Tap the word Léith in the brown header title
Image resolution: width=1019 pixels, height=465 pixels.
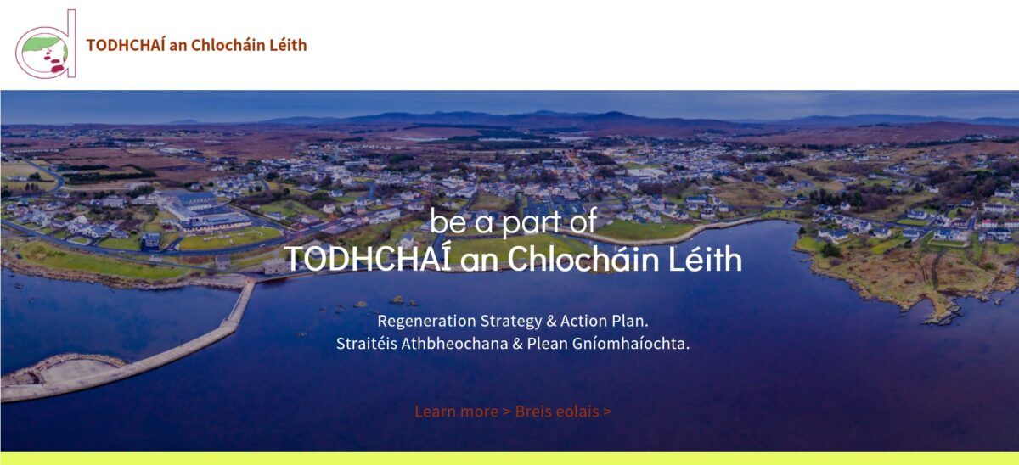coord(288,45)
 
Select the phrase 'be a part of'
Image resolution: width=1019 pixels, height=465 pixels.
coord(513,221)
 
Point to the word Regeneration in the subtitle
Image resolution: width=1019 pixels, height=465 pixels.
coord(427,322)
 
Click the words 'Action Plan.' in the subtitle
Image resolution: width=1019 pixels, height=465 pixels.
coord(604,321)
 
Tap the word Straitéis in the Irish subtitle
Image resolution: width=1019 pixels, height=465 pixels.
coord(367,343)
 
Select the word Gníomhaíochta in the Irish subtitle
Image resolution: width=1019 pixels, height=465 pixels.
coord(631,344)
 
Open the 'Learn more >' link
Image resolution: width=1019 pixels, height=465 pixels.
coord(463,412)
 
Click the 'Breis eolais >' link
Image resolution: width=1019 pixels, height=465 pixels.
coord(563,412)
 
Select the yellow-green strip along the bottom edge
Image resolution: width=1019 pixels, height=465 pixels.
coord(509,458)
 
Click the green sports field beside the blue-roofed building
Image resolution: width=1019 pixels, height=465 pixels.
coord(230,238)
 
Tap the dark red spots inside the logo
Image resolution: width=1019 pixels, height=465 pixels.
coord(54,63)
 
